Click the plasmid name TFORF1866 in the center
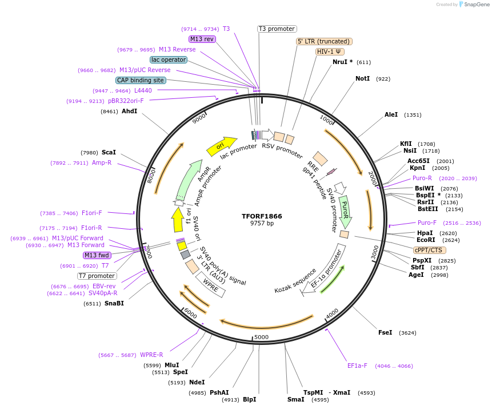coord(262,216)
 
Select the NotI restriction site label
coord(362,78)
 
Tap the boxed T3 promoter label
coord(277,29)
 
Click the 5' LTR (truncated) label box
coord(324,41)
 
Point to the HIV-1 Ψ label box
coord(330,51)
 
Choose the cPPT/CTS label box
coord(430,250)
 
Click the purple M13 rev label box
coord(202,39)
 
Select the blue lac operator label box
coord(169,59)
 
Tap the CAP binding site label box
coord(141,80)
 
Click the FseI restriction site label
coord(385,332)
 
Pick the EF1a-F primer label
coord(357,366)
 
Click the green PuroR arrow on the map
coord(345,210)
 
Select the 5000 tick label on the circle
coord(261,337)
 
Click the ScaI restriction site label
coord(109,152)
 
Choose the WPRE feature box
coord(210,284)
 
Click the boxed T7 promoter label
coord(97,276)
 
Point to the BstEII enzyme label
coord(427,209)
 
